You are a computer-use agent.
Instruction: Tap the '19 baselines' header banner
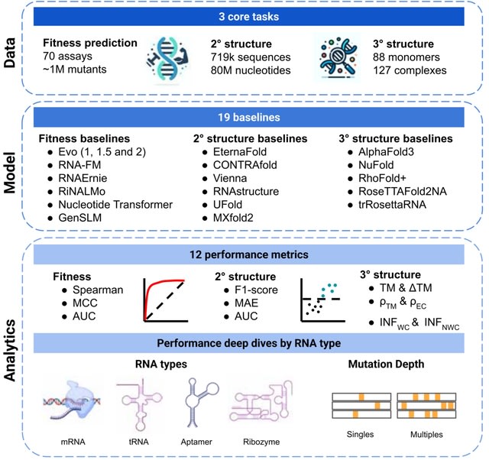click(x=252, y=118)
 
